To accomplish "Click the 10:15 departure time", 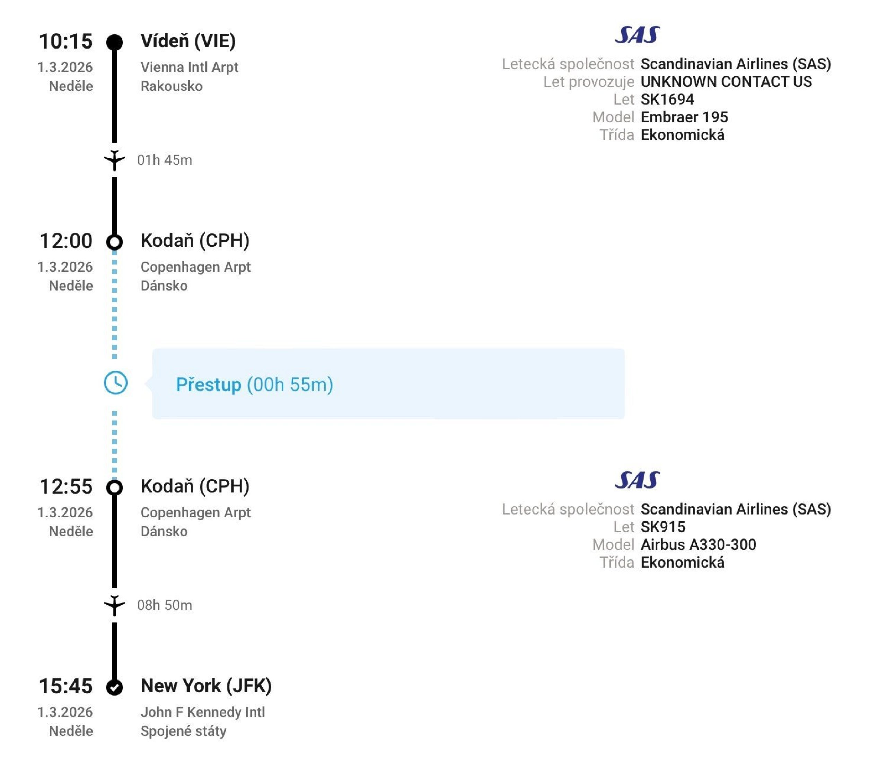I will (66, 42).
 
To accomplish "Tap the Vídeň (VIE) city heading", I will (188, 41).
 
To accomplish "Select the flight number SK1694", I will (667, 99).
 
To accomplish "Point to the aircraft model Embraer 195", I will (684, 117).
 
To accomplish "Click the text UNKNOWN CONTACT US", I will (726, 81).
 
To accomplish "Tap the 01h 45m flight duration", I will (164, 160).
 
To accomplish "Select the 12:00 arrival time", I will (66, 241).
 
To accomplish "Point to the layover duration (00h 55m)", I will (290, 385).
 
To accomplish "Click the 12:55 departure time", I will (66, 487).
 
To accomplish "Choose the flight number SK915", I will (663, 527).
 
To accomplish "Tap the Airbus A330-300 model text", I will (698, 545).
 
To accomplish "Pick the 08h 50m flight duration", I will (164, 605).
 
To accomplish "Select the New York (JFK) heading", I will (206, 686).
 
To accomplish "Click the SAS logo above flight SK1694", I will (638, 35).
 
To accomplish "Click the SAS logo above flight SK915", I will (638, 480).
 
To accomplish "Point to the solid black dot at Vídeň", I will (115, 42).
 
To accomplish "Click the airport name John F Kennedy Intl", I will (202, 712).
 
